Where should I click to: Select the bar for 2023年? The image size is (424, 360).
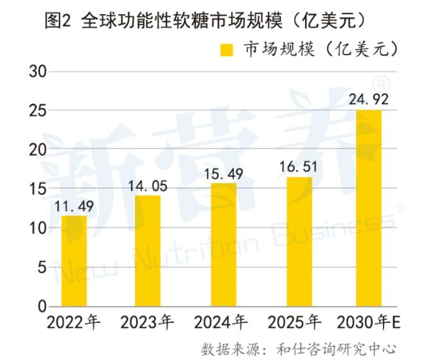pyautogui.click(x=148, y=251)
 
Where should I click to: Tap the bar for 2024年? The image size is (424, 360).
pyautogui.click(x=223, y=244)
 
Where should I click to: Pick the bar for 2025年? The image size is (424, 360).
pyautogui.click(x=299, y=241)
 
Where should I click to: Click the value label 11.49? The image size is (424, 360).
pyautogui.click(x=74, y=207)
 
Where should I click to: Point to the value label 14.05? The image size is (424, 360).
pyautogui.click(x=148, y=186)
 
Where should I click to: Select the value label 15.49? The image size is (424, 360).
pyautogui.click(x=223, y=175)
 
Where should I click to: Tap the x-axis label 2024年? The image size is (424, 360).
pyautogui.click(x=220, y=321)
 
